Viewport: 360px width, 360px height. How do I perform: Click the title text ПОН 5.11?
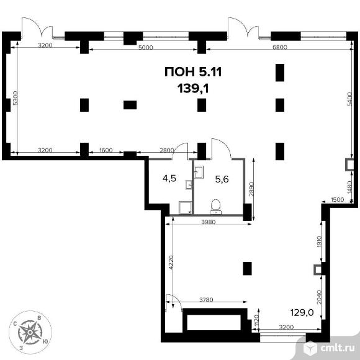tap(193, 72)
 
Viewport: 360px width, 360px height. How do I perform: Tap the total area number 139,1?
tap(193, 88)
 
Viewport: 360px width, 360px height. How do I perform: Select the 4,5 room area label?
tap(169, 178)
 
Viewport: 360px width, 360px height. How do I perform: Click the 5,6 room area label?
tap(222, 179)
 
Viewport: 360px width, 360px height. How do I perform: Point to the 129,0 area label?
tap(302, 312)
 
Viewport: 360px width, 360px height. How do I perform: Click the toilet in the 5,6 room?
tap(216, 207)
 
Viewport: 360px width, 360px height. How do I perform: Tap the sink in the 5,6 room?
tap(199, 172)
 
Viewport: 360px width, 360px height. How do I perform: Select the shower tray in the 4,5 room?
tap(185, 207)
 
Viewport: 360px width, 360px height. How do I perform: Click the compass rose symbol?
tap(30, 332)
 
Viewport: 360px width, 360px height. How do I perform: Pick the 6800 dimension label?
tap(280, 47)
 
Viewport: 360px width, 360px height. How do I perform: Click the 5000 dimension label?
tap(145, 47)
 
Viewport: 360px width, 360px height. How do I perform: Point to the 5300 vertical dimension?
tap(15, 98)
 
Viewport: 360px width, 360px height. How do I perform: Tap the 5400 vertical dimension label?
tap(349, 99)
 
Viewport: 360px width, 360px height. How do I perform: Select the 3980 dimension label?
tap(209, 222)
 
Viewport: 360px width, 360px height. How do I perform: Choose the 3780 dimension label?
tap(206, 300)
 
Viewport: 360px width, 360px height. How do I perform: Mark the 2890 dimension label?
tap(252, 189)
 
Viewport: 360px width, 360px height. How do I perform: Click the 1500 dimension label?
tap(337, 199)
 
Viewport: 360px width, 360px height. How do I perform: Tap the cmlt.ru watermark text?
tap(337, 348)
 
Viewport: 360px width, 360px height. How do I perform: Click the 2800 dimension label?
tap(167, 150)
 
